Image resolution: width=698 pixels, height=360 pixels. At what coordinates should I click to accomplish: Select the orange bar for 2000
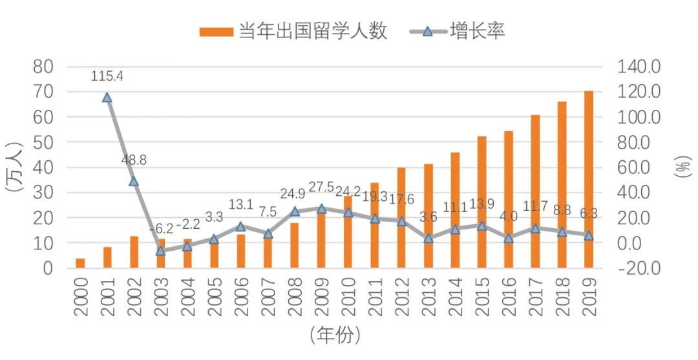click(x=80, y=263)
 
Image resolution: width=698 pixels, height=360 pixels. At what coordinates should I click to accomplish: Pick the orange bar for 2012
click(x=401, y=218)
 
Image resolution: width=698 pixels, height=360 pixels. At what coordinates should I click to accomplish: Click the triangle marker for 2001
click(x=107, y=98)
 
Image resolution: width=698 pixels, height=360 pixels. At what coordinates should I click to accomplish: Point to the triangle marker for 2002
click(x=134, y=182)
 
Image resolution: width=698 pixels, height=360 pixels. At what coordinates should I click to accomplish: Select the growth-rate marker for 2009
click(x=321, y=209)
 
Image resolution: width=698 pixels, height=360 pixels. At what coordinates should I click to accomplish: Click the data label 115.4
click(x=107, y=76)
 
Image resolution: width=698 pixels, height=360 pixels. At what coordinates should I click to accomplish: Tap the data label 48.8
click(x=134, y=160)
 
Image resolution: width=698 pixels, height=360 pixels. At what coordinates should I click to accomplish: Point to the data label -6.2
click(x=161, y=229)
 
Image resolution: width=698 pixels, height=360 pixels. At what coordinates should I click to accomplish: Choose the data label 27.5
click(x=321, y=187)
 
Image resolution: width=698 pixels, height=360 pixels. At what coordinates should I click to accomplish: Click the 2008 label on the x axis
click(x=295, y=298)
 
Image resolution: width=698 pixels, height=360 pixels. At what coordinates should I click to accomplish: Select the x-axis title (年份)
click(x=334, y=335)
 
